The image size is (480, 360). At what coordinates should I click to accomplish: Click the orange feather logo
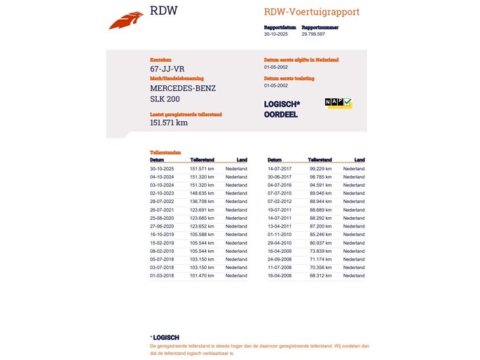pyautogui.click(x=126, y=20)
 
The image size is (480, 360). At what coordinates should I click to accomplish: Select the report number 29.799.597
pyautogui.click(x=314, y=34)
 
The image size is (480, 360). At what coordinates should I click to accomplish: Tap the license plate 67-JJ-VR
pyautogui.click(x=167, y=69)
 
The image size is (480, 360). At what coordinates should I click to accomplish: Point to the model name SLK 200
pyautogui.click(x=165, y=99)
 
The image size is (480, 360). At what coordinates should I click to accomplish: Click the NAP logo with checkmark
pyautogui.click(x=338, y=103)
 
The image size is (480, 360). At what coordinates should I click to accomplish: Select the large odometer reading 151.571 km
pyautogui.click(x=169, y=123)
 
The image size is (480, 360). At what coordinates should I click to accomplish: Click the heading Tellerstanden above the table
pyautogui.click(x=166, y=152)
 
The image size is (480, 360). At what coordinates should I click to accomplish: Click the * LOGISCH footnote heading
pyautogui.click(x=165, y=337)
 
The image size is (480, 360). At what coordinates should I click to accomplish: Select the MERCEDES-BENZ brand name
pyautogui.click(x=183, y=88)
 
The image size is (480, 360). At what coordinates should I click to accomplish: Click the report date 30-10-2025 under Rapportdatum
pyautogui.click(x=276, y=34)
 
